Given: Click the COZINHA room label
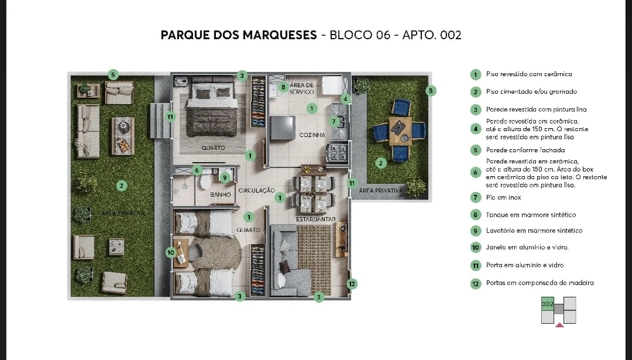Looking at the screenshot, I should [x=312, y=135].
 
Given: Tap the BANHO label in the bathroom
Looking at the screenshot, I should [x=221, y=194].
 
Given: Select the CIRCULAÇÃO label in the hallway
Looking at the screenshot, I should [x=256, y=190].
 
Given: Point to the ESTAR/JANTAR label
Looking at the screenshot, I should [x=316, y=219].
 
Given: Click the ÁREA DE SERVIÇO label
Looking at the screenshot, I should [x=301, y=88].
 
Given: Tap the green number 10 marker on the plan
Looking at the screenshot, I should [x=171, y=252].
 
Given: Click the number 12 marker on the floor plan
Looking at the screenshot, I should [x=351, y=284].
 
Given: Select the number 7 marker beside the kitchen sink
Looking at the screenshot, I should [x=334, y=122].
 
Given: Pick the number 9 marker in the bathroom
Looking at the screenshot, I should [x=224, y=177].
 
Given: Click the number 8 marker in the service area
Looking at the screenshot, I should [x=283, y=87].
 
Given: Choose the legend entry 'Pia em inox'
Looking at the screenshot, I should [x=503, y=198].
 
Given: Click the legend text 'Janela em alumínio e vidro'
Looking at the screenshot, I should [x=527, y=248].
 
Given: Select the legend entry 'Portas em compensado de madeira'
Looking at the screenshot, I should [x=539, y=283].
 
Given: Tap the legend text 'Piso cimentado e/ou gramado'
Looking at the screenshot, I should [x=531, y=92].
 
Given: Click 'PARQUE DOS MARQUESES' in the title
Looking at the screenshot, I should [x=238, y=35].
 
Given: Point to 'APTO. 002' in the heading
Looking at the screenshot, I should [x=432, y=35].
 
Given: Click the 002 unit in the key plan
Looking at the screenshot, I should [x=547, y=304].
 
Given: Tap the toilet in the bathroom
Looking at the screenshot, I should [x=206, y=182].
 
